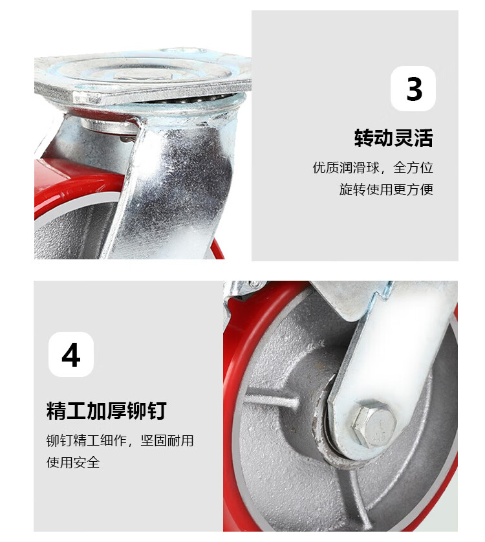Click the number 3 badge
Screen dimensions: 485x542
[x=413, y=89]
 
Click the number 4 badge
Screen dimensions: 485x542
[x=71, y=354]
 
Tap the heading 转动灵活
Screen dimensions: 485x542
[x=393, y=138]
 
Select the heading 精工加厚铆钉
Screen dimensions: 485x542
[x=107, y=411]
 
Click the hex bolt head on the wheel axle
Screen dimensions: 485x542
[x=374, y=424]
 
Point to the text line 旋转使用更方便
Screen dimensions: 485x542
[x=386, y=190]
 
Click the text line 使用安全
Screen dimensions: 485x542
[x=73, y=462]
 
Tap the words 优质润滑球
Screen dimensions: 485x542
[x=346, y=168]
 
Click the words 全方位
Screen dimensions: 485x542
[x=413, y=168]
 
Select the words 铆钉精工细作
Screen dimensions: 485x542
[x=86, y=440]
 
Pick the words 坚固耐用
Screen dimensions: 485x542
[x=167, y=440]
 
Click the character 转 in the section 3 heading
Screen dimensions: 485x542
[x=363, y=138]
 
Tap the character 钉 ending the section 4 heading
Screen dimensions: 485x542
[x=157, y=411]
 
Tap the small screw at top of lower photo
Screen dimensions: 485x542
[x=255, y=284]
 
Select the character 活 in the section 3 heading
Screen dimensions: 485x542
[x=424, y=138]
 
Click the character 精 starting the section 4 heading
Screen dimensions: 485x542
[x=56, y=411]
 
